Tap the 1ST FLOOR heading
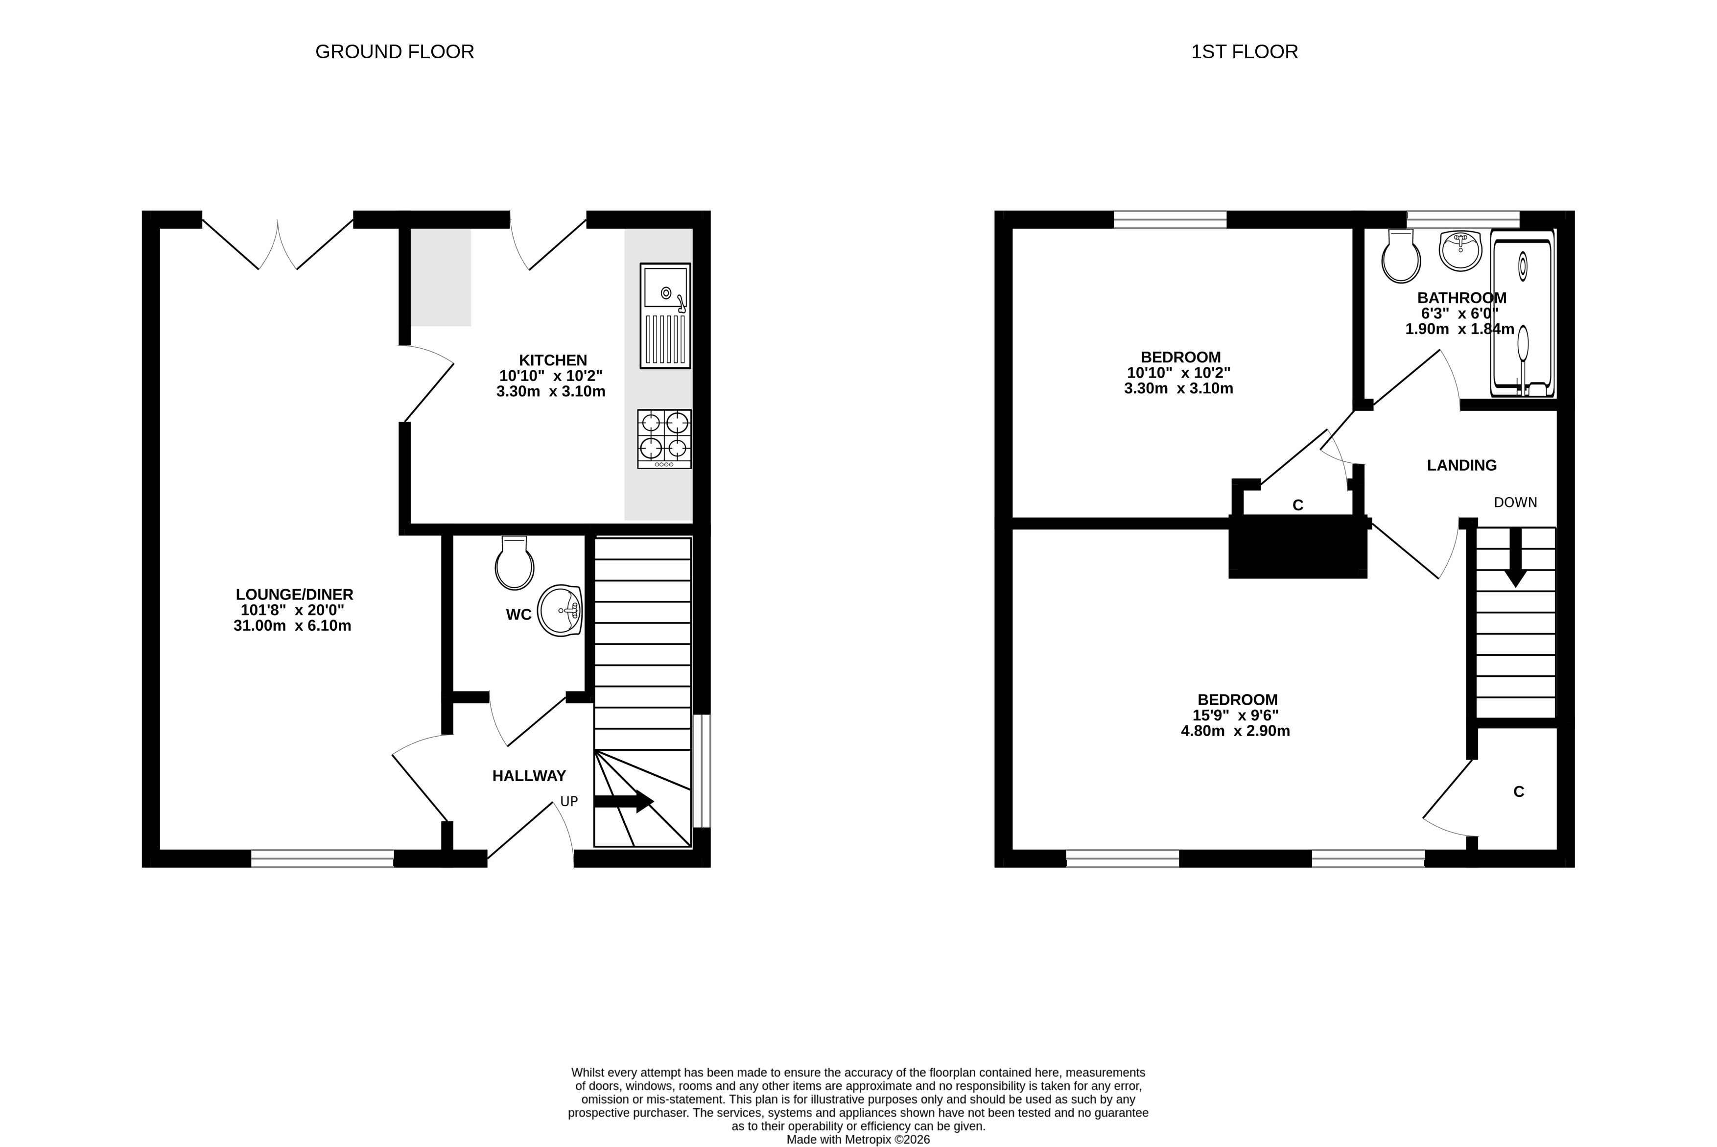[1245, 52]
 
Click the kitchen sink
[665, 315]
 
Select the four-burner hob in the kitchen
[664, 439]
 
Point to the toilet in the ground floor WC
[515, 563]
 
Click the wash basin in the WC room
[560, 610]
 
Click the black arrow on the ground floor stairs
[624, 801]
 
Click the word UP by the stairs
[569, 801]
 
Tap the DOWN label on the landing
[1515, 502]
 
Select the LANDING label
[1462, 465]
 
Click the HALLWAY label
[529, 775]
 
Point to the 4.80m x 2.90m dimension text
[1235, 731]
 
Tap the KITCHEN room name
[553, 360]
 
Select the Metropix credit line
[859, 1140]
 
